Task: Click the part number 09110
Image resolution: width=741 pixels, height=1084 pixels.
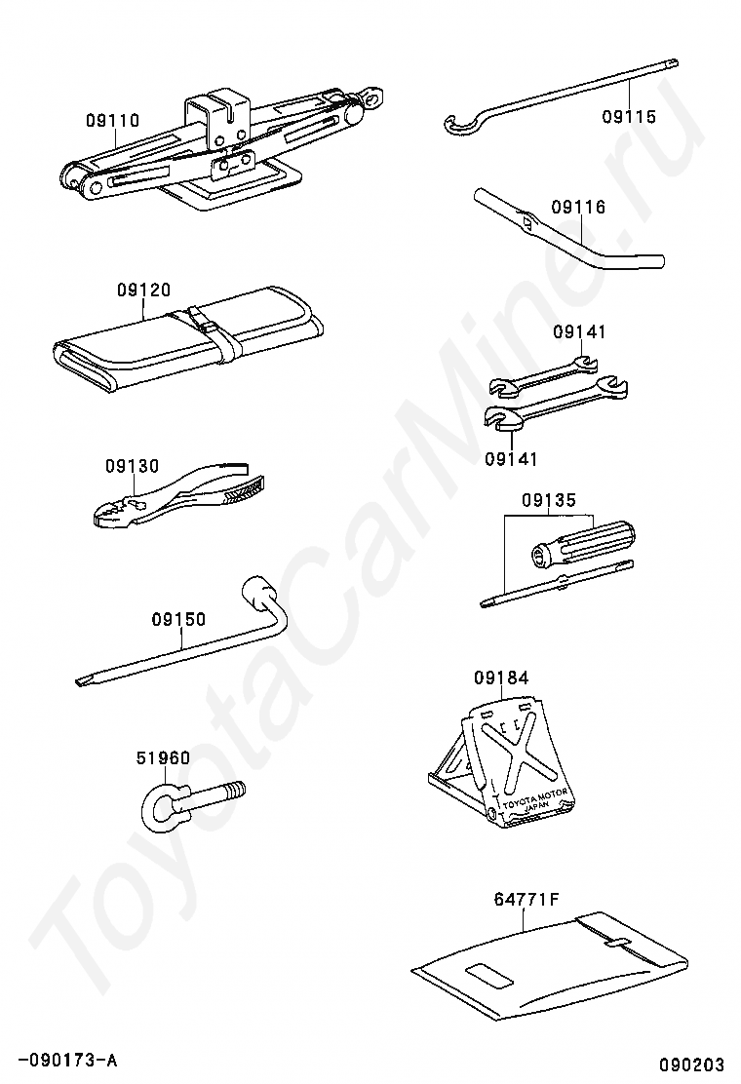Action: (112, 121)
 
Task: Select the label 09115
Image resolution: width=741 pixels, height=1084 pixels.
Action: (629, 117)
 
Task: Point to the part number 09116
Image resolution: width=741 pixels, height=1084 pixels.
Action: (578, 207)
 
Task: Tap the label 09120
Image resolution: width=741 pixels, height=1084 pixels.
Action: (144, 290)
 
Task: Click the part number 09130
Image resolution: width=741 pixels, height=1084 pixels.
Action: (132, 466)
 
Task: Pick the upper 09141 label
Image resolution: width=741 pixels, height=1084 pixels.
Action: (579, 331)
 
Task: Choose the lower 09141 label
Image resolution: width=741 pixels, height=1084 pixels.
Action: (511, 458)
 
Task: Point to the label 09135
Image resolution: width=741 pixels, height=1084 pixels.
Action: (549, 501)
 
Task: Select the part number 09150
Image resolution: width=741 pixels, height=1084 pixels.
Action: (178, 618)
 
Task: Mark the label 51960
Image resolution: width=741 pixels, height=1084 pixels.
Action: (163, 757)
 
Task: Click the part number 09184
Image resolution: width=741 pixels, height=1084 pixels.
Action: (502, 677)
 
